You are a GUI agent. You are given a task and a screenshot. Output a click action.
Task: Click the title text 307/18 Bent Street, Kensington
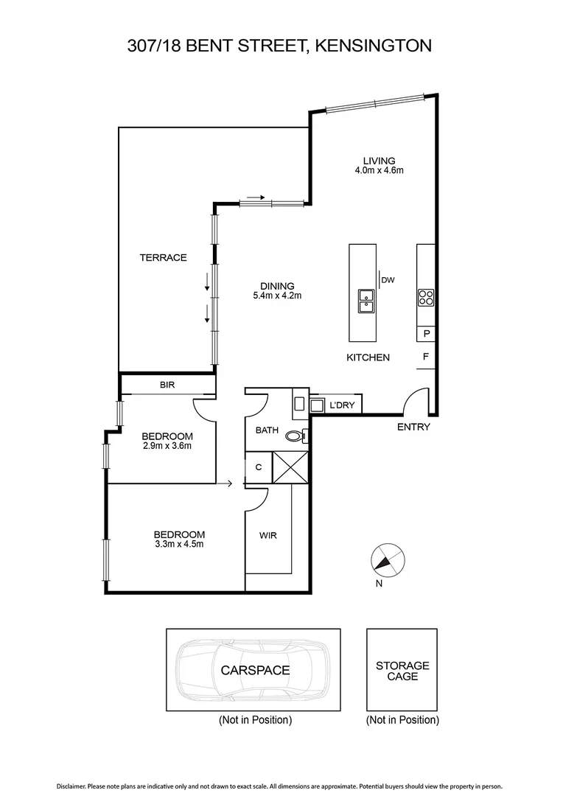pyautogui.click(x=279, y=46)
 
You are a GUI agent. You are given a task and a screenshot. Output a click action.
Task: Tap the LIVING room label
pyautogui.click(x=379, y=161)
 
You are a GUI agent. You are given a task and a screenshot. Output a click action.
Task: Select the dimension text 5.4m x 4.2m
pyautogui.click(x=277, y=296)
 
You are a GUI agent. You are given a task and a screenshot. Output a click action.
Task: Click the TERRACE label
pyautogui.click(x=164, y=258)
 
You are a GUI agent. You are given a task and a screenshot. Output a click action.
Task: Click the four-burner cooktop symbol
pyautogui.click(x=426, y=298)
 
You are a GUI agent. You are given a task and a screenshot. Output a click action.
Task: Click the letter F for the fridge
pyautogui.click(x=426, y=357)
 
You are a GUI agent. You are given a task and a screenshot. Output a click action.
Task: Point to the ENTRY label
pyautogui.click(x=413, y=427)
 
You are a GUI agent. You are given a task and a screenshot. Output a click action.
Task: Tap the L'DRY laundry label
pyautogui.click(x=342, y=405)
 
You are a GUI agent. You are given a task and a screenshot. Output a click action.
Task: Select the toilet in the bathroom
pyautogui.click(x=296, y=436)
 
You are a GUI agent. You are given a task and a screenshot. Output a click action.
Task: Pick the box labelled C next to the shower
pyautogui.click(x=259, y=467)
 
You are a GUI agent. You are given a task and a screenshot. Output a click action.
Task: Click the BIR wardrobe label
pyautogui.click(x=167, y=385)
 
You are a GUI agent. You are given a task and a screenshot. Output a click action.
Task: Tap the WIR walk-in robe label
pyautogui.click(x=268, y=536)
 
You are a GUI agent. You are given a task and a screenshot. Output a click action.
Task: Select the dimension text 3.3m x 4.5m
pyautogui.click(x=179, y=545)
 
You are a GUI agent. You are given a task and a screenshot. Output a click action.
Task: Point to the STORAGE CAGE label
pyautogui.click(x=402, y=671)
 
